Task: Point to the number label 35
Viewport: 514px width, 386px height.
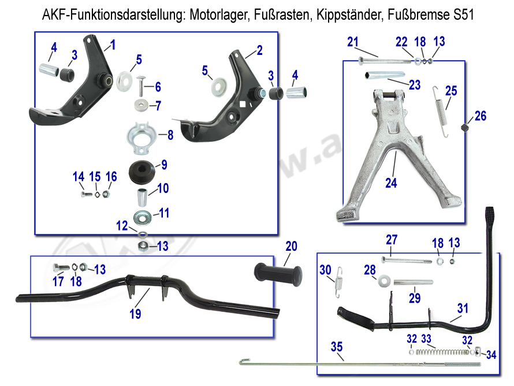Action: coord(336,347)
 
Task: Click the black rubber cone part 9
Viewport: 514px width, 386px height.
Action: coord(142,170)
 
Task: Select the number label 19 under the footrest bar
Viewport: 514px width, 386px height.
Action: coord(135,314)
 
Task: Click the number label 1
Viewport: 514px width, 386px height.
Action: coord(113,44)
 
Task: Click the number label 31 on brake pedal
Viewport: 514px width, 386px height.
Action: coord(463,309)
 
